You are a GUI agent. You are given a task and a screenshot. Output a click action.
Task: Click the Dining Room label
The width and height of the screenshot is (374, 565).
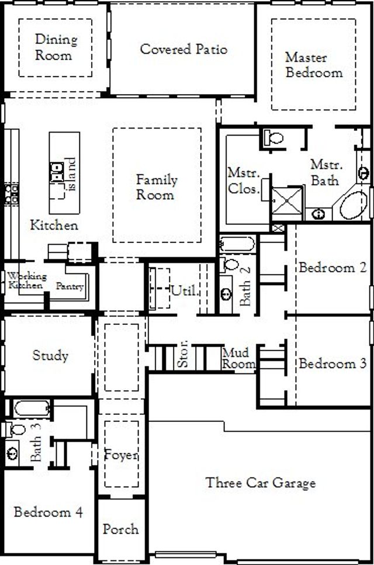pyautogui.click(x=56, y=48)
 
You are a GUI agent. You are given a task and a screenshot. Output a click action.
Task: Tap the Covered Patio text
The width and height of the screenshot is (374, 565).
pyautogui.click(x=183, y=49)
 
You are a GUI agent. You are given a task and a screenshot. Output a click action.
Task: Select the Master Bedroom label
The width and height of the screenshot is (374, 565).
pyautogui.click(x=313, y=65)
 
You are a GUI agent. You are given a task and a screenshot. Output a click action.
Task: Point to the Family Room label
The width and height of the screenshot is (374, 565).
pyautogui.click(x=156, y=187)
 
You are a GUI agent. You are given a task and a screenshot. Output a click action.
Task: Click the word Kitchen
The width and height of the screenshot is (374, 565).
pyautogui.click(x=54, y=225)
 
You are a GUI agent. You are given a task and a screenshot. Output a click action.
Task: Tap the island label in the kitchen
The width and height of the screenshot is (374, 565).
pyautogui.click(x=71, y=174)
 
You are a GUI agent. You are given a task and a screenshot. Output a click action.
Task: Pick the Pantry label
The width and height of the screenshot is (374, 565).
pyautogui.click(x=70, y=286)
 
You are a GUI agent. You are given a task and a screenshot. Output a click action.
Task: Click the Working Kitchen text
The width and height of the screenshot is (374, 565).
pyautogui.click(x=25, y=280)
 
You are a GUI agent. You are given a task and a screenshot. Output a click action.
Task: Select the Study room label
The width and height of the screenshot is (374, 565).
pyautogui.click(x=50, y=355)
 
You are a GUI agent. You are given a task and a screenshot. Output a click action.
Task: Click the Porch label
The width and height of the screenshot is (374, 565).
pyautogui.click(x=120, y=529)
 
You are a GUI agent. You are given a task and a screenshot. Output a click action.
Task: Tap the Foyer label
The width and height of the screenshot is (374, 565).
pyautogui.click(x=121, y=454)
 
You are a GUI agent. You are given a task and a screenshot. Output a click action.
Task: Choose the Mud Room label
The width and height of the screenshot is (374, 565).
pyautogui.click(x=238, y=358)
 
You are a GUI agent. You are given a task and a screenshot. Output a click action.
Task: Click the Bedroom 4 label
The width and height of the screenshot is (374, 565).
pyautogui.click(x=48, y=512)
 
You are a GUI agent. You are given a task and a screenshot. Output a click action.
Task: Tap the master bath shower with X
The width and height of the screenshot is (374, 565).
pyautogui.click(x=288, y=202)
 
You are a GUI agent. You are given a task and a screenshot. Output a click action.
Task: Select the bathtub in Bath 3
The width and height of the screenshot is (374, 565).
pyautogui.click(x=32, y=408)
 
